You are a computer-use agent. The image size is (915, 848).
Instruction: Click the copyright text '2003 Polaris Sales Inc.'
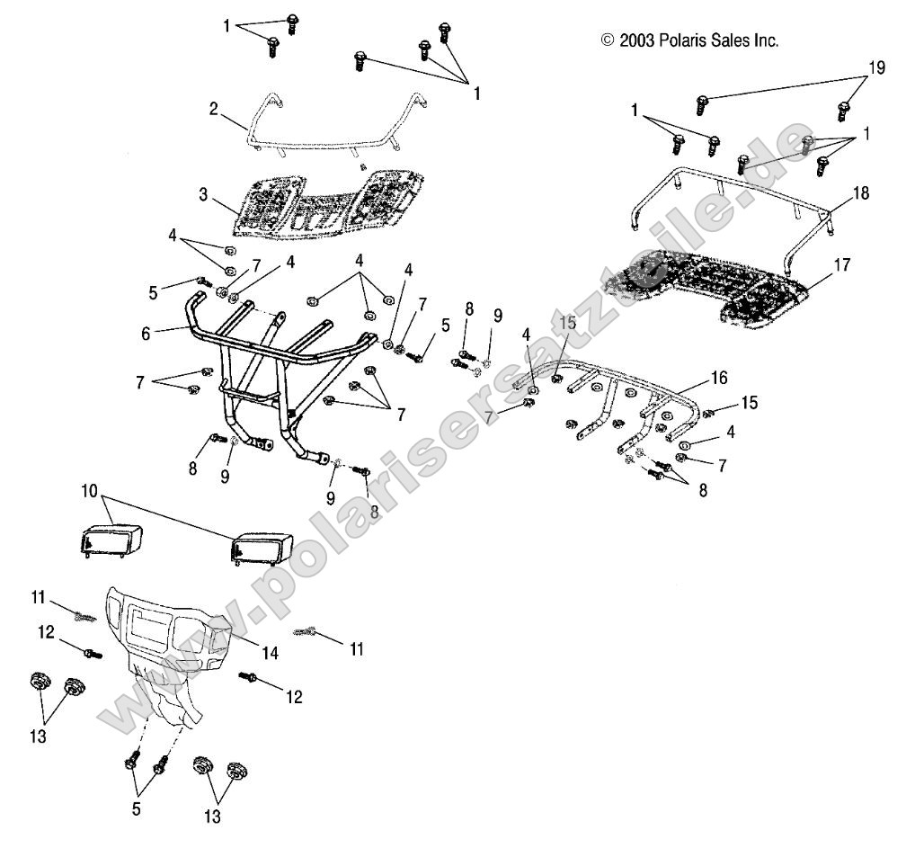[689, 40]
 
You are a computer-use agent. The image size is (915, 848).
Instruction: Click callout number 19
[877, 67]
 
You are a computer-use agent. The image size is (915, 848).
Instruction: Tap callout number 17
[841, 265]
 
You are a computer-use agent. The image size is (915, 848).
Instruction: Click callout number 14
[270, 654]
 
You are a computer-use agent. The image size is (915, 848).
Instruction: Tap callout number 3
[203, 194]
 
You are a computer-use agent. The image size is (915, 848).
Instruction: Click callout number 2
[213, 110]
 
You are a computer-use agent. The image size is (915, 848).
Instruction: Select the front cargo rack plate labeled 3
[324, 202]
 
